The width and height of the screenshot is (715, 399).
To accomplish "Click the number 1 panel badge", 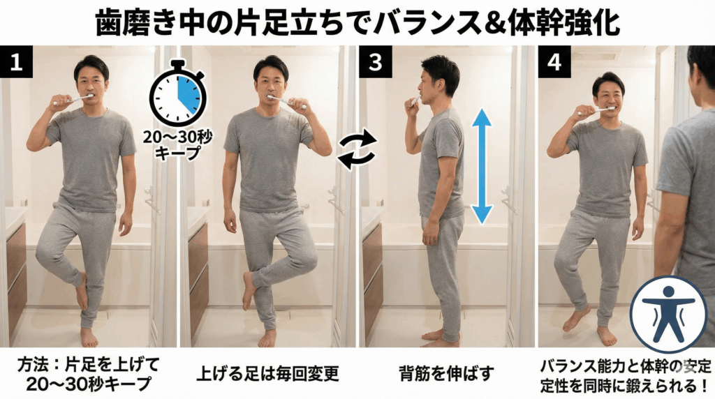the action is pos(17,61).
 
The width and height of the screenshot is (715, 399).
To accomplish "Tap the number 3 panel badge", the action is pos(375,61).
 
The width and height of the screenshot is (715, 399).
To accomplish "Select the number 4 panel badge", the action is pos(554,61).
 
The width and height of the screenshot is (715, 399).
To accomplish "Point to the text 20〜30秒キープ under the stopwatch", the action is pos(177,145).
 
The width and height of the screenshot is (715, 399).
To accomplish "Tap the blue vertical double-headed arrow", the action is pos(482,167).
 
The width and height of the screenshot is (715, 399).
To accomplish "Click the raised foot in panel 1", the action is pos(82,292).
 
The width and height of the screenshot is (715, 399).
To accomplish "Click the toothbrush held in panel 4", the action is pos(595,111).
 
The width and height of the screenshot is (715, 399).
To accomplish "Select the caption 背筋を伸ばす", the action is pos(446,373).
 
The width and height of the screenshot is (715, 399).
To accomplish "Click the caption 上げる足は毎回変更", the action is pos(268,373).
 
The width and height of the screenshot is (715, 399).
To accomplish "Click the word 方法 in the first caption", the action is pos(34,365).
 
